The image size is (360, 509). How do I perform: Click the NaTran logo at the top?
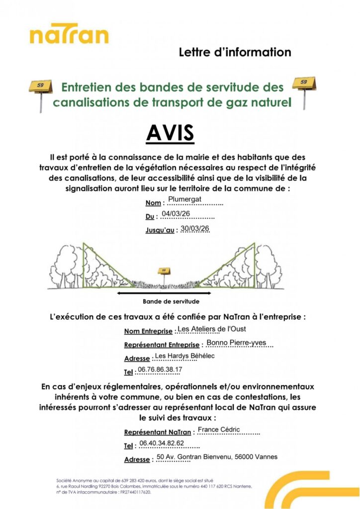(x=69, y=35)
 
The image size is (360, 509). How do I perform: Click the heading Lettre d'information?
(x=234, y=52)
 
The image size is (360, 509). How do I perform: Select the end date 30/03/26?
(x=195, y=228)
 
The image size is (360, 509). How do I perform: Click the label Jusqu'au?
(x=160, y=231)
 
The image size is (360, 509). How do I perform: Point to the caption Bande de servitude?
(x=171, y=302)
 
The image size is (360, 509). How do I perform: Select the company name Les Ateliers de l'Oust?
(x=211, y=329)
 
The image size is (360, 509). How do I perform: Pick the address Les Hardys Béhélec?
(x=184, y=355)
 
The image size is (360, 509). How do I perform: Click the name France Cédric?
(x=219, y=429)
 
